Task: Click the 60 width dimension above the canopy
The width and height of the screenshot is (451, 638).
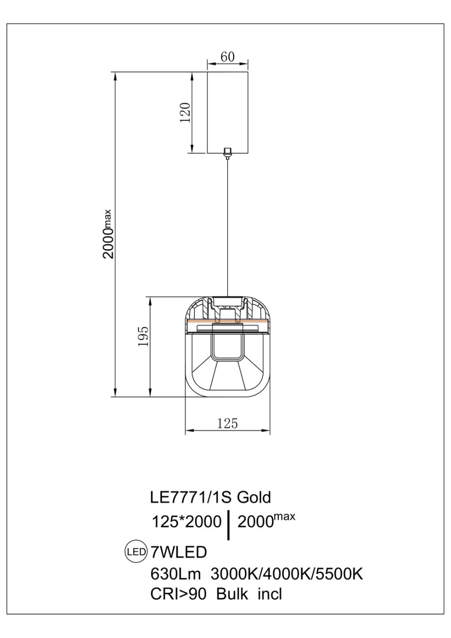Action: coord(228,56)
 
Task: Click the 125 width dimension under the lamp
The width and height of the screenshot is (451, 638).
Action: coord(227,424)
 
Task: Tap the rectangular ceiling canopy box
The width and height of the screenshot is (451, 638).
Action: coord(228,112)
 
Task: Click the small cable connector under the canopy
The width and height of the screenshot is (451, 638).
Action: coord(227,153)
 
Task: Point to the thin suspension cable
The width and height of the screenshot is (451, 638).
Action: coord(228,228)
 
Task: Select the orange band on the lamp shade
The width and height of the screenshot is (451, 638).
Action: coord(227,321)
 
